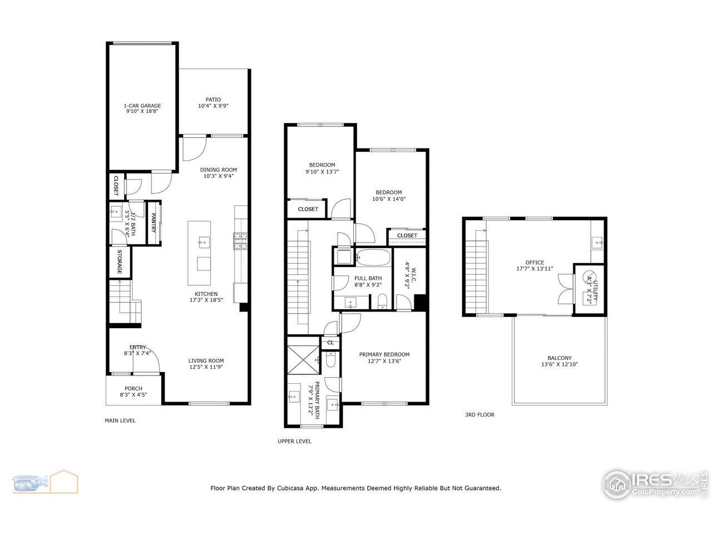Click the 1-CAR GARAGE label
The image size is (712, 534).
[x=142, y=106]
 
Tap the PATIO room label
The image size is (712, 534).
[x=213, y=100]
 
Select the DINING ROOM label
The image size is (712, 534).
[x=219, y=170]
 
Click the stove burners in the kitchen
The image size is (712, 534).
[x=240, y=240]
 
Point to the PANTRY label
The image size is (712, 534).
[x=153, y=222]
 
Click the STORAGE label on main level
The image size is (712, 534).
[x=119, y=262]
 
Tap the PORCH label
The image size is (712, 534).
[x=133, y=388]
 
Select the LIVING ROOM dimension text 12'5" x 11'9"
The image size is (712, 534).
[x=206, y=367]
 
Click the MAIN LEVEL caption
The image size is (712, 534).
[x=120, y=421]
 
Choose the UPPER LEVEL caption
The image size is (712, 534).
[x=294, y=441]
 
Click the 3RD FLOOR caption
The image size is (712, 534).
[x=479, y=414]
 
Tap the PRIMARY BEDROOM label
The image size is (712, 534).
[x=384, y=354]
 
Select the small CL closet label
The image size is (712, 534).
[x=330, y=343]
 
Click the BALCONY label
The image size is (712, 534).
[x=559, y=358]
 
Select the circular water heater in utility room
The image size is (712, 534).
[x=588, y=275]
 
